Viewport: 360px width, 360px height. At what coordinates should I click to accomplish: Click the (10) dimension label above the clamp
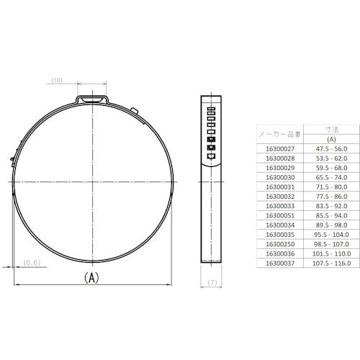point(58,80)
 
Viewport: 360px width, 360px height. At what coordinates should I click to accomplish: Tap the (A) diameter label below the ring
point(93,276)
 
